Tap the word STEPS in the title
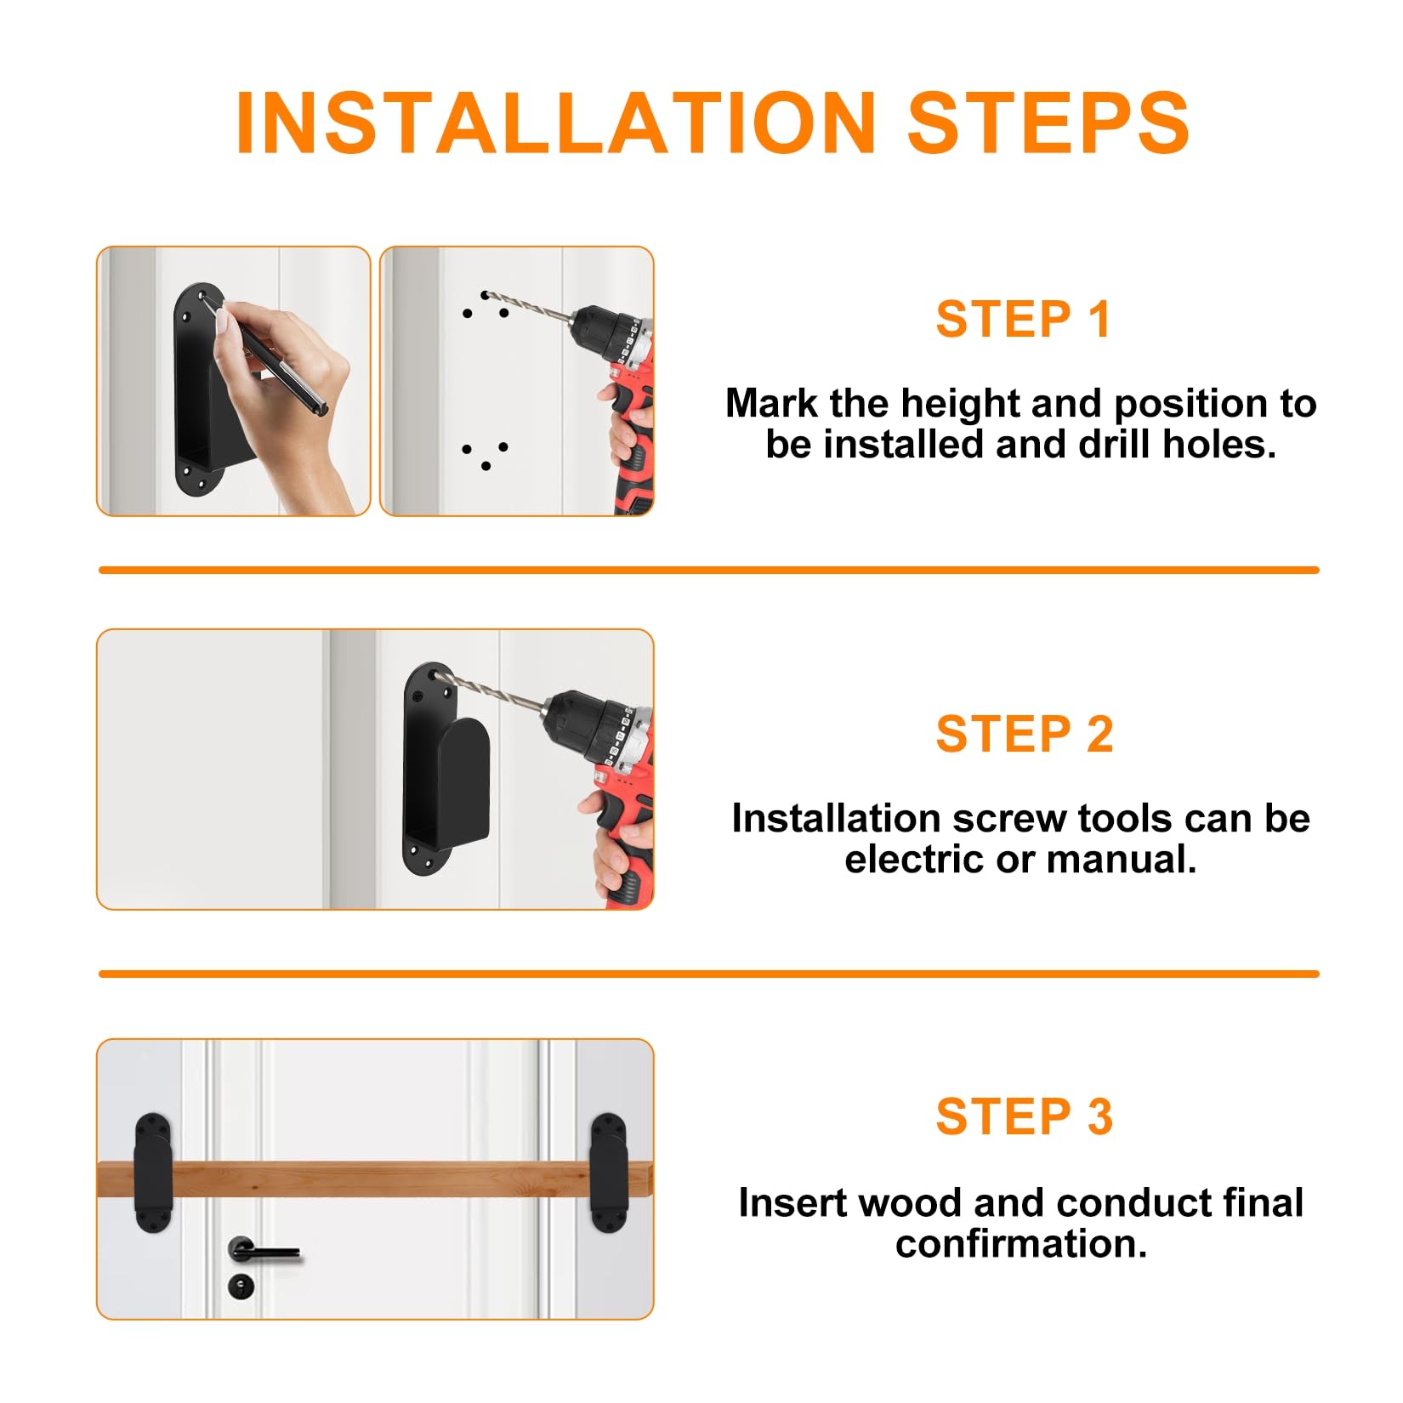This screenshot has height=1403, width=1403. pyautogui.click(x=1048, y=123)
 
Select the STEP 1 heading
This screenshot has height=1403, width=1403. pyautogui.click(x=1023, y=320)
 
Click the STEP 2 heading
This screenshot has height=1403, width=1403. pyautogui.click(x=1024, y=734)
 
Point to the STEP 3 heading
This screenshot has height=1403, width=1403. pyautogui.click(x=1024, y=1116)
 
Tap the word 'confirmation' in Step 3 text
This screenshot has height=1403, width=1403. pyautogui.click(x=1020, y=1244)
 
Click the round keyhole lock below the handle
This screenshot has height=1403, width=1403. pyautogui.click(x=241, y=1286)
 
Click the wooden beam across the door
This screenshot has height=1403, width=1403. pyautogui.click(x=374, y=1179)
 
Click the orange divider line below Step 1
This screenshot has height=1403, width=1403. pyautogui.click(x=708, y=570)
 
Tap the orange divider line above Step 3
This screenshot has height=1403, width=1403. pyautogui.click(x=708, y=974)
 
